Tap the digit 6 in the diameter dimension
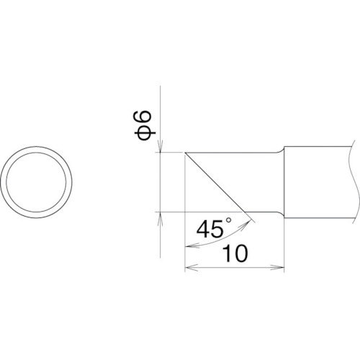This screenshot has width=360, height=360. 143,120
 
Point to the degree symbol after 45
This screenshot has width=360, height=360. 228,220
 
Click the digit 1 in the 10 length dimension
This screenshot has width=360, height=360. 227,253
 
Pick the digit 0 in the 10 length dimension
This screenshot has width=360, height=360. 240,253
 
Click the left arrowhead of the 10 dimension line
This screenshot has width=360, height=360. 191,267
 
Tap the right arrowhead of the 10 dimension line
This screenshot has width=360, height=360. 278,267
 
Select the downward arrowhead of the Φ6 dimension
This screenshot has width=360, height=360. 161,145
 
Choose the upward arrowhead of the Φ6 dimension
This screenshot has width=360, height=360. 161,219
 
